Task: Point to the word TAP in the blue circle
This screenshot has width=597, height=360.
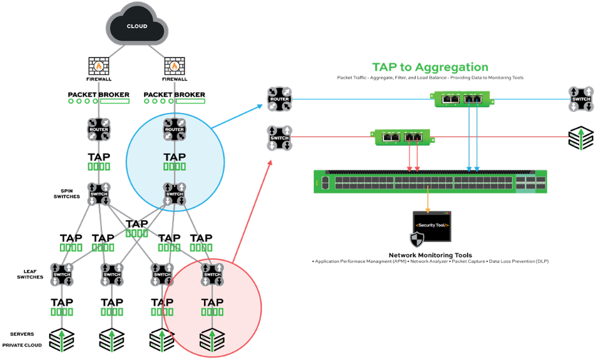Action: point(174,155)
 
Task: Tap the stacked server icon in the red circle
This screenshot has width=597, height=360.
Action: point(212,340)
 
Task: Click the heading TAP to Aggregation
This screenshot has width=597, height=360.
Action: point(430,67)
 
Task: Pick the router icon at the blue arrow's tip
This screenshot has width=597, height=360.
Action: point(279,100)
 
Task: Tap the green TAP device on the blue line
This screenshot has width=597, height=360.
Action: point(463,99)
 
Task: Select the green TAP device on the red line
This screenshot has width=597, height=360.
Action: point(400,136)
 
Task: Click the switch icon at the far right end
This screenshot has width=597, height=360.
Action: point(581,100)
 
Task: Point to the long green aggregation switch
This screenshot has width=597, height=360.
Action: point(430,182)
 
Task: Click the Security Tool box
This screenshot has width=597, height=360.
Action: point(432,226)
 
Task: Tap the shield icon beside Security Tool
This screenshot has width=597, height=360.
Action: point(416,239)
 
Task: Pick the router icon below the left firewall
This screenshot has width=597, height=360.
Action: point(99,130)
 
